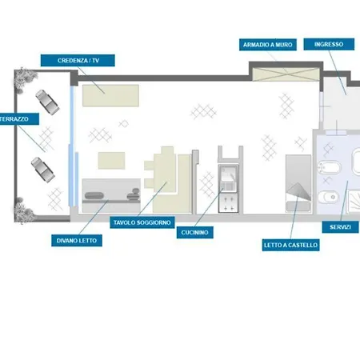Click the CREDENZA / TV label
pyautogui.click(x=78, y=61)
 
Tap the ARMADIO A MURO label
pyautogui.click(x=268, y=45)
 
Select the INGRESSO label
pyautogui.click(x=329, y=44)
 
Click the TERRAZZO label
pyautogui.click(x=18, y=119)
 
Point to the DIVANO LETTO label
pyautogui.click(x=77, y=241)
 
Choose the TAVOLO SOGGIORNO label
pyautogui.click(x=142, y=222)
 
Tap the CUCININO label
pyautogui.click(x=194, y=232)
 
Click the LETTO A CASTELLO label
pyautogui.click(x=290, y=245)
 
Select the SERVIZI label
pyautogui.click(x=340, y=227)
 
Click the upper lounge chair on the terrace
pyautogui.click(x=47, y=102)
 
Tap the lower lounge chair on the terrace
pyautogui.click(x=43, y=170)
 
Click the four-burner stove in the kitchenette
pyautogui.click(x=229, y=202)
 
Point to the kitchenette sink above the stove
pyautogui.click(x=228, y=178)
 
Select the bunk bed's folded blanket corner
pyautogui.click(x=299, y=191)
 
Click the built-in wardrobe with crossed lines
pyautogui.click(x=286, y=74)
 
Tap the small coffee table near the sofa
pyautogui.click(x=111, y=161)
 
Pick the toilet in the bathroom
pyautogui.click(x=328, y=198)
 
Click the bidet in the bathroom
pyautogui.click(x=330, y=168)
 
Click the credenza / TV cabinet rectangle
pyautogui.click(x=110, y=96)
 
